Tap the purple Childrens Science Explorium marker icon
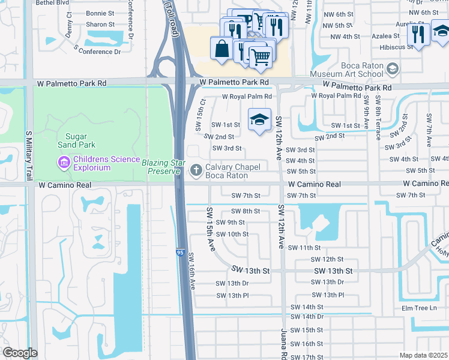(63, 163)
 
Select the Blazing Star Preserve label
(161, 167)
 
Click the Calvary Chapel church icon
(196, 171)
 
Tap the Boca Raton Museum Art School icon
(393, 70)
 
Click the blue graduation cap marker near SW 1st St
(259, 119)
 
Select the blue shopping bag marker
(221, 48)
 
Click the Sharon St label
(96, 25)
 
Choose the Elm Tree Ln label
(421, 308)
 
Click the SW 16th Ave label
(193, 271)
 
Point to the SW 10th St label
(232, 234)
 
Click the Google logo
(19, 353)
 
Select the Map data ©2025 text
(423, 355)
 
